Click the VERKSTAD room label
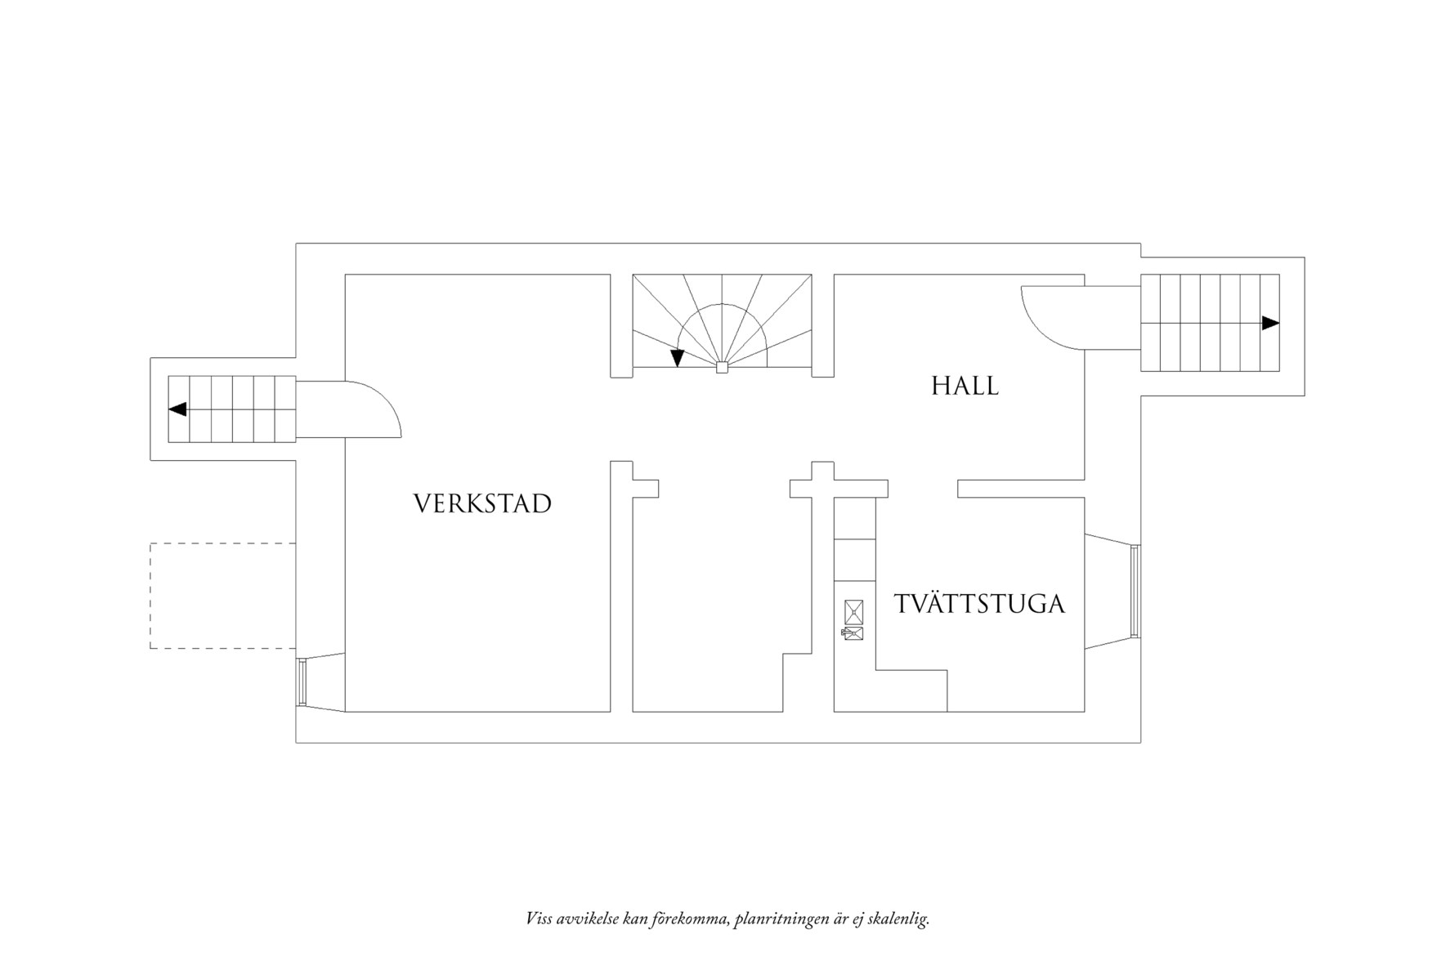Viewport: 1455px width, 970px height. click(x=482, y=503)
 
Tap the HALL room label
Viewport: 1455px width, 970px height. click(x=965, y=386)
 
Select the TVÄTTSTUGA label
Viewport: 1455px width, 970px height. click(x=979, y=604)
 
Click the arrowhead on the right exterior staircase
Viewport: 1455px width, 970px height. click(x=1269, y=323)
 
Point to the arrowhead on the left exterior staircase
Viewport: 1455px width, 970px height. click(x=177, y=409)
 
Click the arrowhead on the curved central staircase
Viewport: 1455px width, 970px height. click(x=677, y=358)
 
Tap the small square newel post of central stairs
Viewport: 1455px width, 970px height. click(x=721, y=368)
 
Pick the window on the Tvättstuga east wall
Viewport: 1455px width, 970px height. click(x=1134, y=592)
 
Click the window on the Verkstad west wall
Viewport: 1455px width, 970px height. click(x=302, y=682)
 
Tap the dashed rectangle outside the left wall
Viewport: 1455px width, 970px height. click(x=222, y=596)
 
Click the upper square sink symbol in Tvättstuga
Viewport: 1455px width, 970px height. click(x=853, y=611)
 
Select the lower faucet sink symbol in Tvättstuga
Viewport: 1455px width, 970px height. click(x=853, y=633)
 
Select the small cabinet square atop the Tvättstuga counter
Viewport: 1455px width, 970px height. click(x=853, y=519)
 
